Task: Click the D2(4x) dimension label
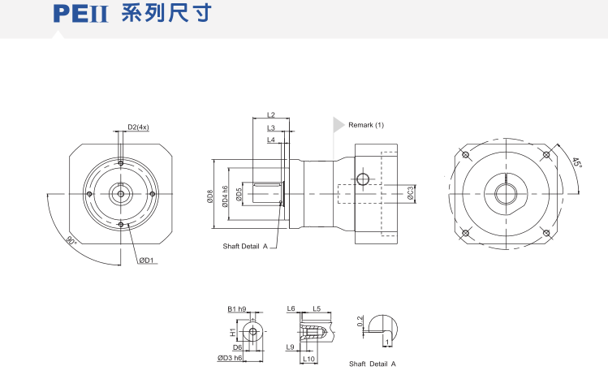138,127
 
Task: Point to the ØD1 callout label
146,260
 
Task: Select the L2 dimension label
271,115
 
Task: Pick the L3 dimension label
271,127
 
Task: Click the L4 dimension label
271,140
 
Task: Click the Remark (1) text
365,126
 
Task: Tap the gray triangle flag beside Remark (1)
338,125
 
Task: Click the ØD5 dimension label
239,195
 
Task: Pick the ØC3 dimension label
412,193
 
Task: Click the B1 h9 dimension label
237,309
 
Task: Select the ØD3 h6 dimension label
231,358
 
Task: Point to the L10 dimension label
308,358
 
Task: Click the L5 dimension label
317,309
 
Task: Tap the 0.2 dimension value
360,321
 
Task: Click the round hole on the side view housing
362,179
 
